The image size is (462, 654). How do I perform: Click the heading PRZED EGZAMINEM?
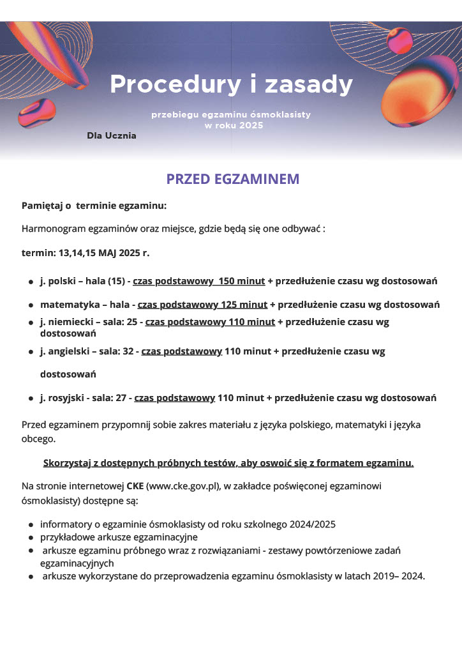pyautogui.click(x=232, y=179)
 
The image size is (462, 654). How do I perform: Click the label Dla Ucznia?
pyautogui.click(x=112, y=135)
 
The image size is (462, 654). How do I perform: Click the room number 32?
pyautogui.click(x=124, y=351)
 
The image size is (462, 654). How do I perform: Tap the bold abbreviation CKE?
pyautogui.click(x=135, y=486)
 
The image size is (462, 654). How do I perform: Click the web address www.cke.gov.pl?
pyautogui.click(x=183, y=486)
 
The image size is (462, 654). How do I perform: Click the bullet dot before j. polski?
pyautogui.click(x=31, y=282)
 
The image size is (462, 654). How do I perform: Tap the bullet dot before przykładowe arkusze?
pyautogui.click(x=31, y=538)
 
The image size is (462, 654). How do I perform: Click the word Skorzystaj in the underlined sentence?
pyautogui.click(x=67, y=462)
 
